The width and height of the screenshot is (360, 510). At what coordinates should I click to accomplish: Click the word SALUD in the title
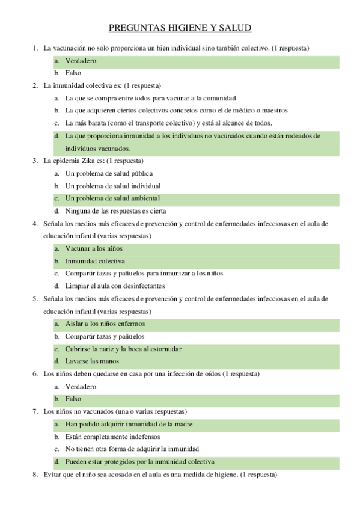[x=235, y=28]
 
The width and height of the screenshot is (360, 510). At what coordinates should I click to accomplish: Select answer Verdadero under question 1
[x=81, y=61]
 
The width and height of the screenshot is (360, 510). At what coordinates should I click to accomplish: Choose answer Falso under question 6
[x=73, y=399]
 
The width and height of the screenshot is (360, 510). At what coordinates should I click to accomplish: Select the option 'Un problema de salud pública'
[x=105, y=173]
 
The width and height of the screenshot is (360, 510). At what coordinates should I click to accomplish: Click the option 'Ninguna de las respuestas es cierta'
[x=115, y=211]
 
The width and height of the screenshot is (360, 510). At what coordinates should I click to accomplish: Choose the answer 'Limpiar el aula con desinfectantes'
[x=115, y=286]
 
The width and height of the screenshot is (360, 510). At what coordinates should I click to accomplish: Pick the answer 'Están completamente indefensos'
[x=109, y=437]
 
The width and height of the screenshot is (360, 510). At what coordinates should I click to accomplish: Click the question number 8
[x=35, y=475]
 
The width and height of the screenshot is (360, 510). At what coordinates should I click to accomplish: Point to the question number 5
[x=35, y=299]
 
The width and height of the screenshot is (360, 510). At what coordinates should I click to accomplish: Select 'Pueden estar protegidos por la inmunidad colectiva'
[x=139, y=462]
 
